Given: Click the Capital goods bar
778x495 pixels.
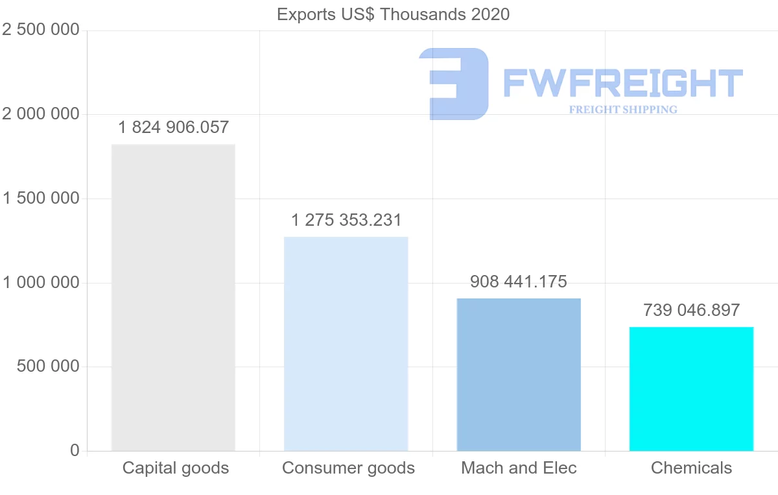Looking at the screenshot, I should [173, 297].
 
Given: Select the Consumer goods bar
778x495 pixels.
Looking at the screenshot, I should [346, 344].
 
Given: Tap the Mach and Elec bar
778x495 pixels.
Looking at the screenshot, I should [519, 374].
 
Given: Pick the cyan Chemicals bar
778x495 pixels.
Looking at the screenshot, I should [691, 389].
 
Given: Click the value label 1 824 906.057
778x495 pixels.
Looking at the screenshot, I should [174, 127].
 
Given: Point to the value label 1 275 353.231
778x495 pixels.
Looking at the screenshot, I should [346, 221].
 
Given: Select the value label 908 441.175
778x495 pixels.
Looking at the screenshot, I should [519, 282].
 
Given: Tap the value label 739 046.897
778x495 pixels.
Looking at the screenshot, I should [691, 310].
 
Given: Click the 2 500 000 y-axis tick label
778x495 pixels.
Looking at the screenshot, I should [41, 30].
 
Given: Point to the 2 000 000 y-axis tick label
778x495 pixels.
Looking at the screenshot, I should [41, 114].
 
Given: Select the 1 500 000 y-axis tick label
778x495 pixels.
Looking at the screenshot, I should [41, 199].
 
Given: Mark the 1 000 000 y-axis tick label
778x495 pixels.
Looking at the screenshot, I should [41, 283].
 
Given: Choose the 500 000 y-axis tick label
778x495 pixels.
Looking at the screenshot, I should [47, 367].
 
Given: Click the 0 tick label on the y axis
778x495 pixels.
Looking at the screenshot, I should [75, 450].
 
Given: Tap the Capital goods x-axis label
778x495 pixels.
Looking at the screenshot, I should [176, 468].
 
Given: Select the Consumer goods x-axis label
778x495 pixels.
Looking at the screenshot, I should [348, 468].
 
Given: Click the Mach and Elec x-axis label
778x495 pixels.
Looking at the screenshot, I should [519, 468].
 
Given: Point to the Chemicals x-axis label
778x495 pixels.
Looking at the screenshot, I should [691, 468].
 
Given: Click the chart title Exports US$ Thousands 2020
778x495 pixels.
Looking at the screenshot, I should [393, 14].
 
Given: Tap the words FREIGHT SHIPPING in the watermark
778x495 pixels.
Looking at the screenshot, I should [623, 110].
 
